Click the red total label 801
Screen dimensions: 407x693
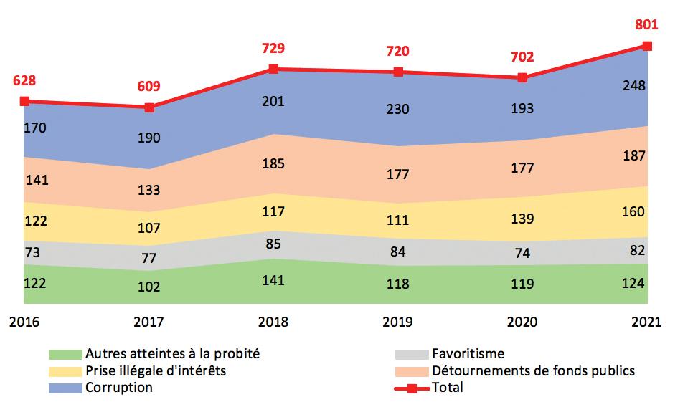point(646,24)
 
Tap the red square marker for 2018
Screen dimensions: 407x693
point(273,69)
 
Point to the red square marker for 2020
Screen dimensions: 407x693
point(523,77)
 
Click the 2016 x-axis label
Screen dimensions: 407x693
point(24,322)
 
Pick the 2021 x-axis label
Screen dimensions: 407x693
point(646,322)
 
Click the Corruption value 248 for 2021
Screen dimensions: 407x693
point(634,86)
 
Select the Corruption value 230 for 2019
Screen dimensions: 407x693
point(397,110)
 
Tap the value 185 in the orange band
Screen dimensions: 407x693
point(273,163)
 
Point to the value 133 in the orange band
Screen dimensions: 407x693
point(148,190)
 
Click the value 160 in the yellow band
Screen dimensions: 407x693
point(634,211)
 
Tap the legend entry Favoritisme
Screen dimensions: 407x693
point(468,353)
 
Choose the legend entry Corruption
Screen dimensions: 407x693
point(118,387)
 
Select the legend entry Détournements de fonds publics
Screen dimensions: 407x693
point(533,370)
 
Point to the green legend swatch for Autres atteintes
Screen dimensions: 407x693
point(65,354)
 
